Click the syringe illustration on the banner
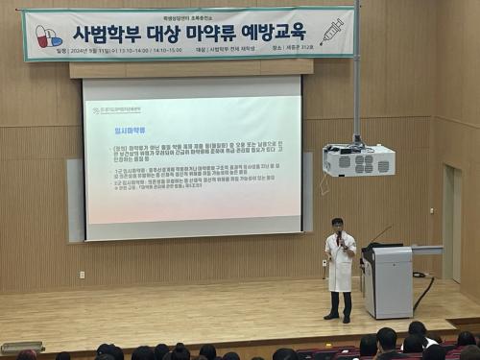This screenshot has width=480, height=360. pyautogui.click(x=331, y=32)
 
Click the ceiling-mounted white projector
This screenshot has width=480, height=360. pyautogui.click(x=358, y=160)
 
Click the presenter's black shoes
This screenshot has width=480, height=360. pyautogui.click(x=338, y=317)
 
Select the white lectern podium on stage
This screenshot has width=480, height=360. pyautogui.click(x=388, y=283)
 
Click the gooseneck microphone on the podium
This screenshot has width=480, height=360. pyautogui.click(x=379, y=233)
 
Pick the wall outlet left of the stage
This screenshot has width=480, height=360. pyautogui.click(x=82, y=275)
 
